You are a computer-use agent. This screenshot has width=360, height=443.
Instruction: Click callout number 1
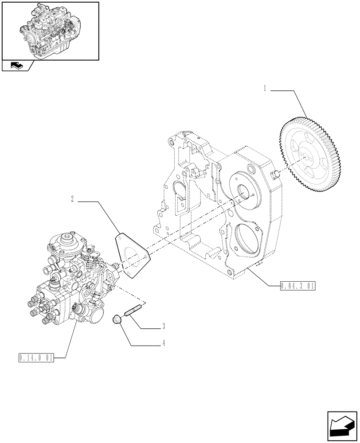click(265, 89)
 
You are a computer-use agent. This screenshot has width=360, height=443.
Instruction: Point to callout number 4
click(163, 342)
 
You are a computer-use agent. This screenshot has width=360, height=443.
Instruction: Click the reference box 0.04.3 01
click(297, 286)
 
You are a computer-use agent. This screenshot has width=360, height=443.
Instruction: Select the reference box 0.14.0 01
click(36, 358)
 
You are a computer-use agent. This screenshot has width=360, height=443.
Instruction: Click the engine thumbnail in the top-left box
click(49, 30)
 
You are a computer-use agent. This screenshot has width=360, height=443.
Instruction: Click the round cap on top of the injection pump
click(67, 240)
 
